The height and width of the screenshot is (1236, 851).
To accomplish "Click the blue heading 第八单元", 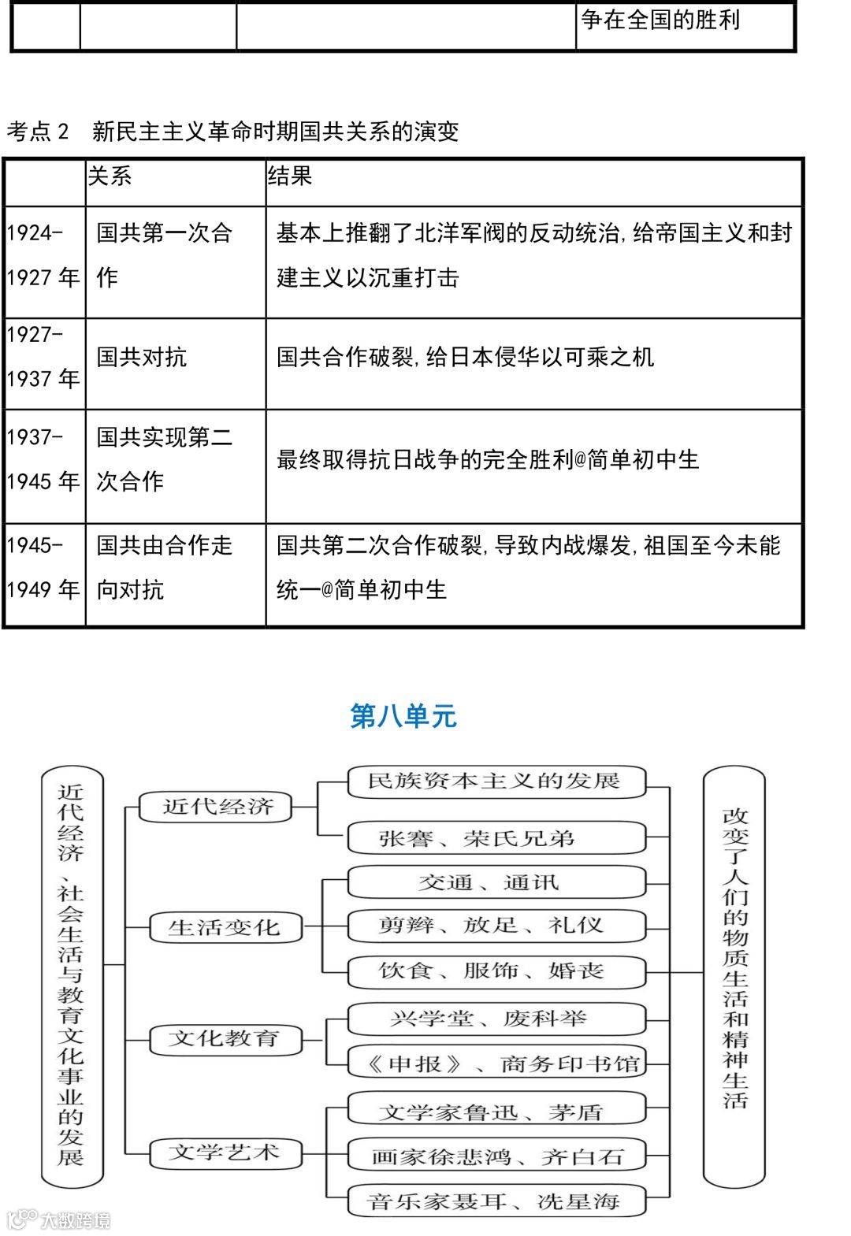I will pyautogui.click(x=403, y=716).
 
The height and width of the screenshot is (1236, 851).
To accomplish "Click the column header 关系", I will pyautogui.click(x=110, y=176).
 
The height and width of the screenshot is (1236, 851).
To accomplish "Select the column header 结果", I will pyautogui.click(x=290, y=176).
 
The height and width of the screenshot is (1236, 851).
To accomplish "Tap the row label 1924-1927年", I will pyautogui.click(x=43, y=255).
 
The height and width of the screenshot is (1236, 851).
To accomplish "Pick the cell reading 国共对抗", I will pyautogui.click(x=142, y=358).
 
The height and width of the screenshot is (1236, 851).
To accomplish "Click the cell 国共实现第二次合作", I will pyautogui.click(x=165, y=458).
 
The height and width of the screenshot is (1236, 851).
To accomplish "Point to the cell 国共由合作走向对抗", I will pyautogui.click(x=165, y=567).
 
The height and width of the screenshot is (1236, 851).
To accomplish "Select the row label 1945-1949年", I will pyautogui.click(x=43, y=567).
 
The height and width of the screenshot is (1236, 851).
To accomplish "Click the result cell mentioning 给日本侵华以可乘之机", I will pyautogui.click(x=465, y=358).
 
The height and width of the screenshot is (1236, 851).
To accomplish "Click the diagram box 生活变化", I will pyautogui.click(x=225, y=927).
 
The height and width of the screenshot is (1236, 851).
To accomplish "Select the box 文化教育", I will pyautogui.click(x=225, y=1039).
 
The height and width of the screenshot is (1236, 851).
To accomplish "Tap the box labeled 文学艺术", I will pyautogui.click(x=225, y=1152).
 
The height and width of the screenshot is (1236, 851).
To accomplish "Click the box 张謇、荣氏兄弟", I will pyautogui.click(x=496, y=838).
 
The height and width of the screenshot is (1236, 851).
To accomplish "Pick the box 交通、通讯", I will pyautogui.click(x=496, y=882).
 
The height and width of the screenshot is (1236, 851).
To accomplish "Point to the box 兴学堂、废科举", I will pyautogui.click(x=496, y=1019).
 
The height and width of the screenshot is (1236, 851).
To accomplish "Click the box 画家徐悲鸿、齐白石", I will pyautogui.click(x=496, y=1156).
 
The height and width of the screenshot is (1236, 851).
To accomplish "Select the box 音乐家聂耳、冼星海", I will pyautogui.click(x=496, y=1201).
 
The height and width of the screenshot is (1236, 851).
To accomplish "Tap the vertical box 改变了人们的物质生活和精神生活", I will pyautogui.click(x=734, y=976).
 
